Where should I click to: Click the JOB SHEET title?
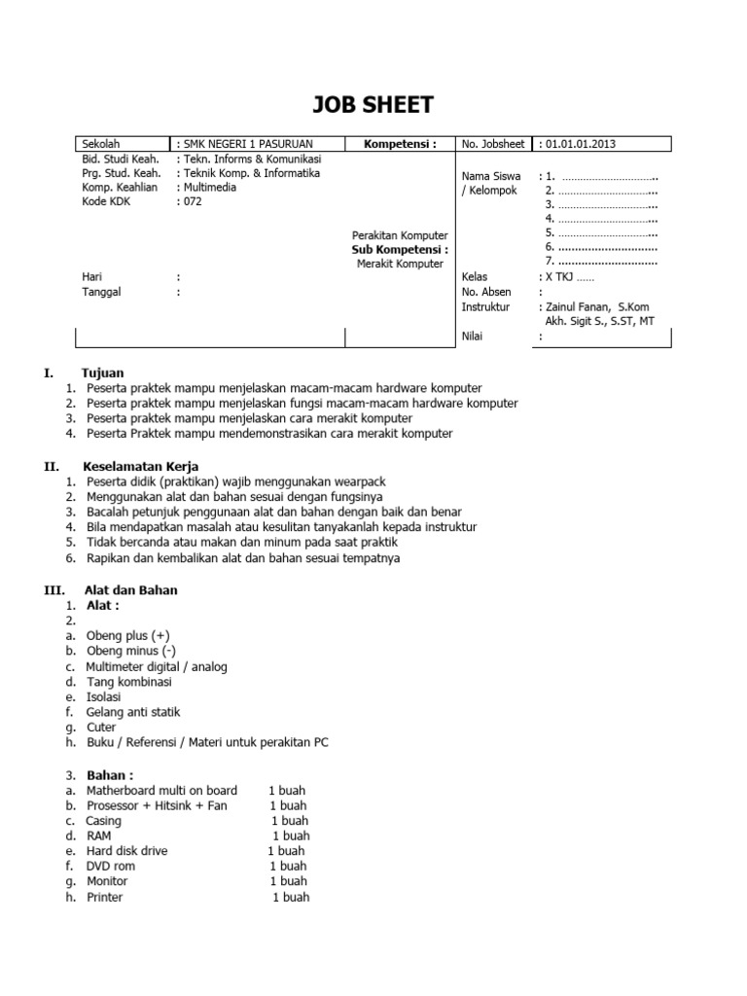click(x=373, y=104)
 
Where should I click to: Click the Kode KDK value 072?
click(x=192, y=202)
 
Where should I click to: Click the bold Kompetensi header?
click(x=400, y=144)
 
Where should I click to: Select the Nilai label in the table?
click(x=473, y=337)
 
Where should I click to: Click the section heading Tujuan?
click(x=104, y=373)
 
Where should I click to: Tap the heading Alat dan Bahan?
click(x=132, y=589)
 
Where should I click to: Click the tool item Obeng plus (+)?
click(x=128, y=635)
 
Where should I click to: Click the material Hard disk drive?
click(x=126, y=850)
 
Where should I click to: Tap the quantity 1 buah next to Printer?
click(x=291, y=897)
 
